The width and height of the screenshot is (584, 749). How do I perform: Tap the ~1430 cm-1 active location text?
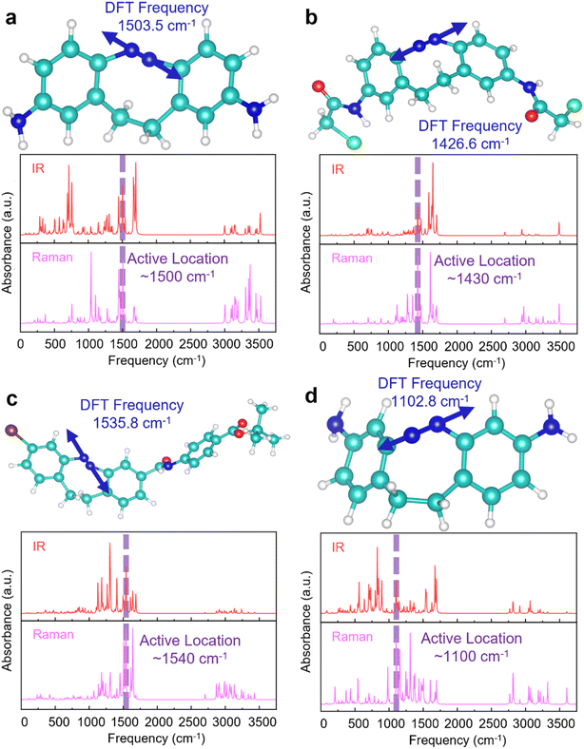[477, 277]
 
